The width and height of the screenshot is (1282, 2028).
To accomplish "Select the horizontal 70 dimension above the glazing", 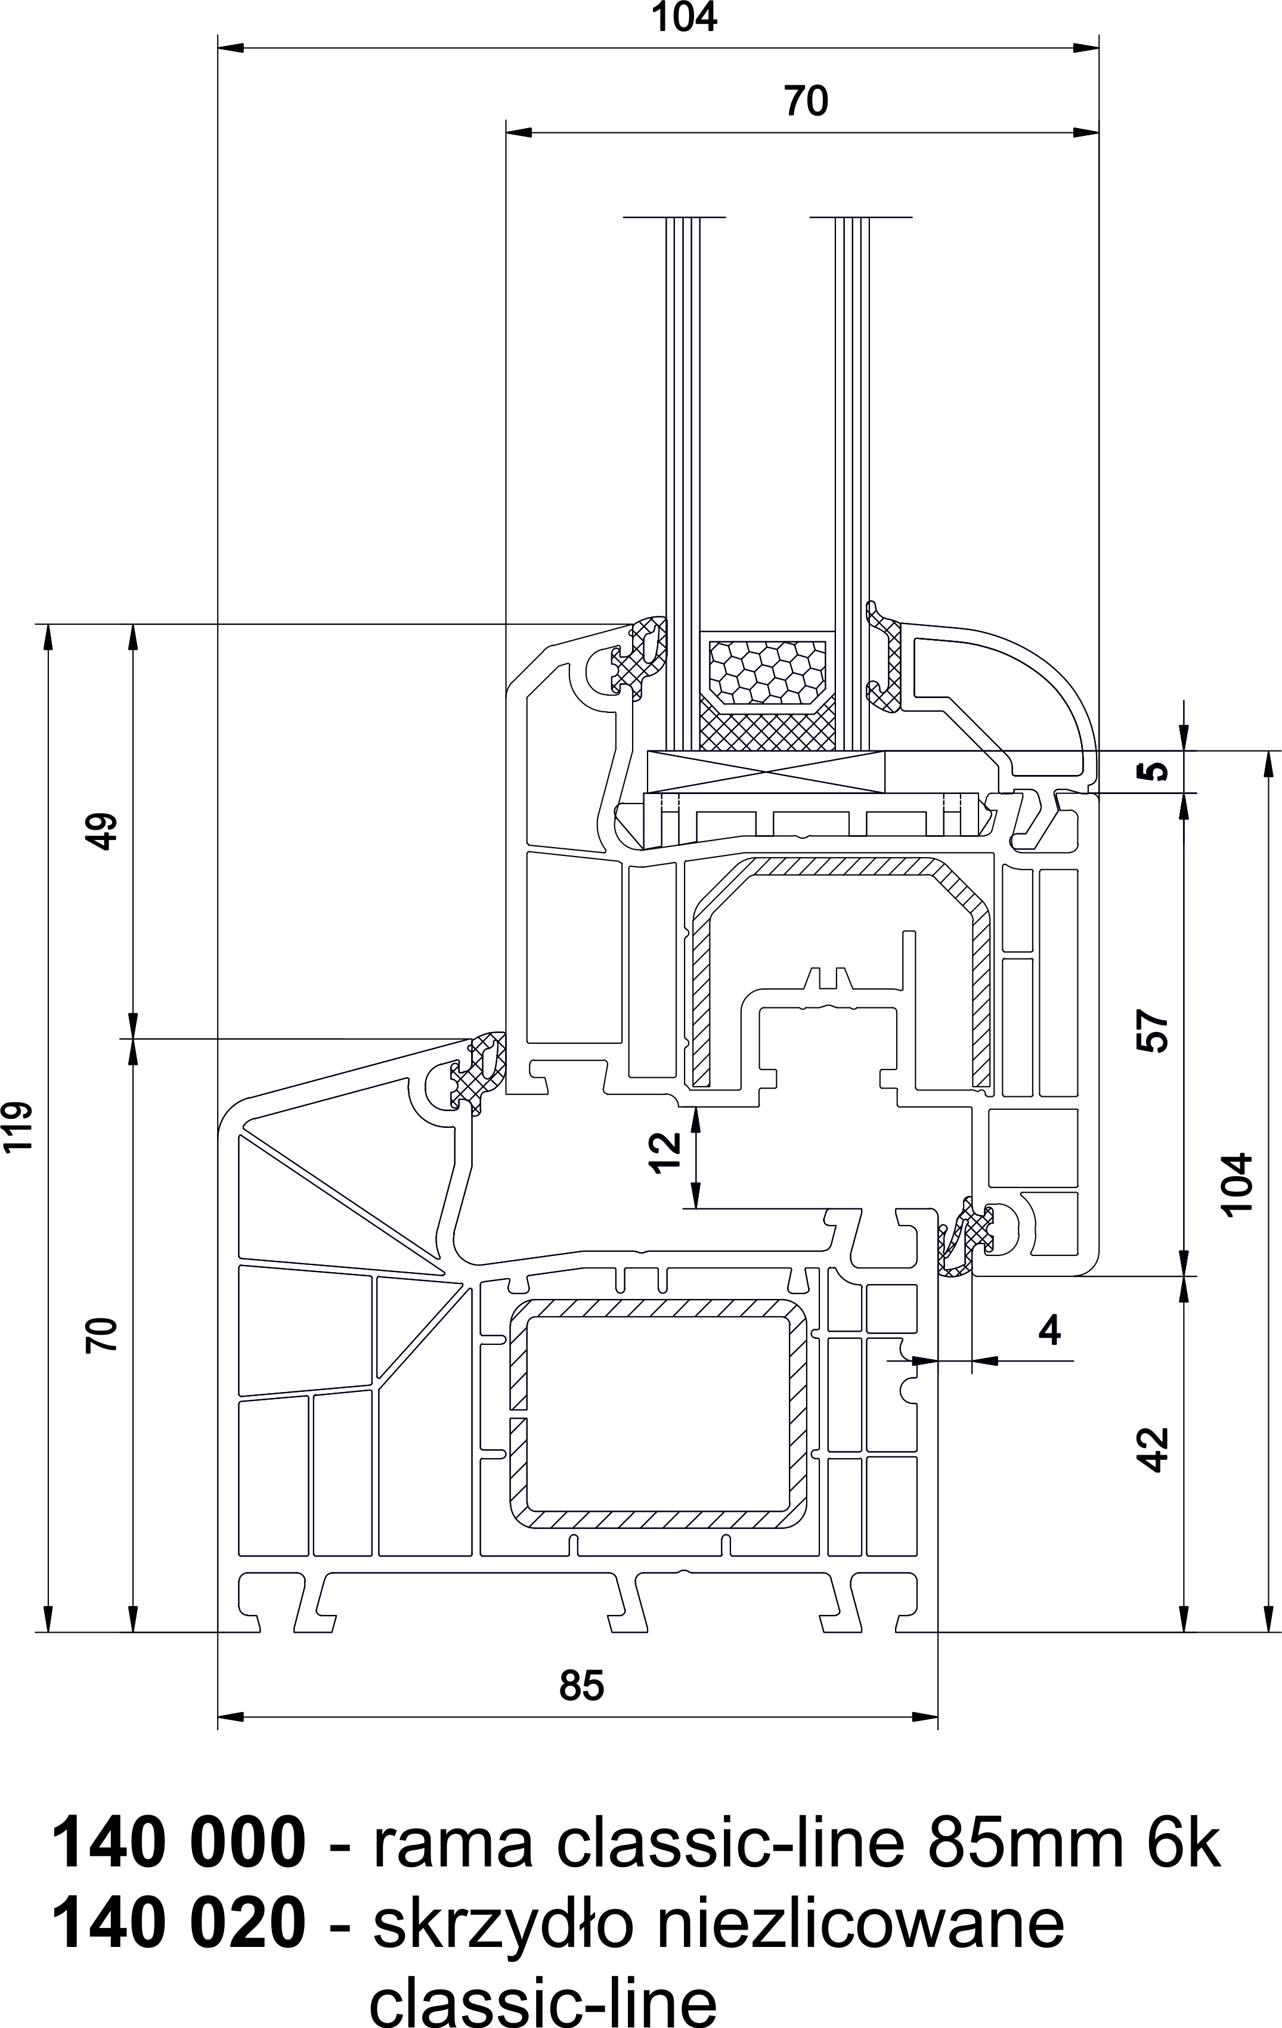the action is (x=806, y=101).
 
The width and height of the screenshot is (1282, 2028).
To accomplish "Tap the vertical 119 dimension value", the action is (x=18, y=1126).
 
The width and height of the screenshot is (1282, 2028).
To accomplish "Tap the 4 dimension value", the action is (x=1049, y=1331).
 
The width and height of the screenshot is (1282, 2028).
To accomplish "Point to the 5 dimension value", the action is (x=1157, y=771).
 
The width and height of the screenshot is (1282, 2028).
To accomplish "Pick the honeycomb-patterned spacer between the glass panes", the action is (x=766, y=671).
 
